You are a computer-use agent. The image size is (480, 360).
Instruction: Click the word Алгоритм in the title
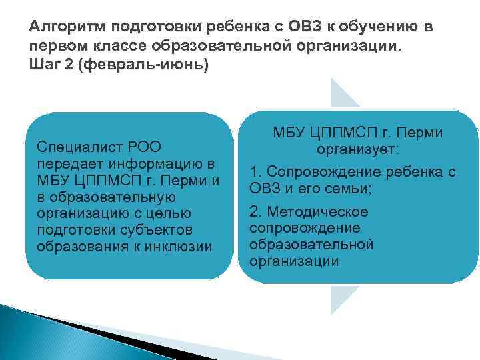62,29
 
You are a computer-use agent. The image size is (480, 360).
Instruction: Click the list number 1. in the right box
255,172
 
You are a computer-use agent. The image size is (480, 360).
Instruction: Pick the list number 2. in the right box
255,212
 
